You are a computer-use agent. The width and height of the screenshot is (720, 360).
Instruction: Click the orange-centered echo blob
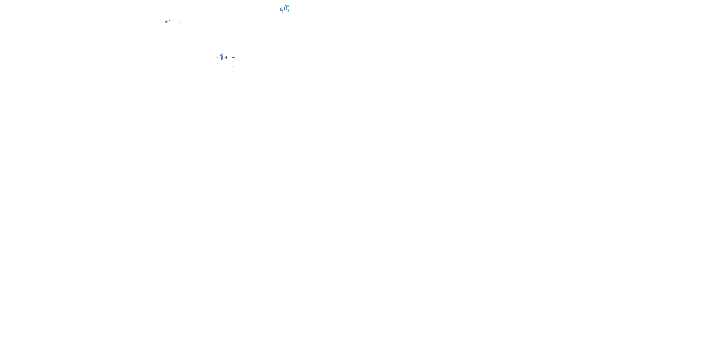[166, 22]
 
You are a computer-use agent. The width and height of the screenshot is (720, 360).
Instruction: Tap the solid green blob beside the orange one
[167, 21]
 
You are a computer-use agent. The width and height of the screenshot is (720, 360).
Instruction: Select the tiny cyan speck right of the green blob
[169, 20]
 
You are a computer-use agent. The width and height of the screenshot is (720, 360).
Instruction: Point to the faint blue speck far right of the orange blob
[180, 23]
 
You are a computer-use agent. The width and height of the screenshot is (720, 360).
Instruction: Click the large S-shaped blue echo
[222, 57]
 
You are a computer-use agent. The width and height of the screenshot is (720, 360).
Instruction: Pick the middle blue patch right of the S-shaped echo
[226, 57]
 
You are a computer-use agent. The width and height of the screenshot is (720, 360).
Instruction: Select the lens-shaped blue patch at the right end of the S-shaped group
[233, 58]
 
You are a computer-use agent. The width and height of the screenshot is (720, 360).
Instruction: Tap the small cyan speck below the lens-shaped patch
[233, 66]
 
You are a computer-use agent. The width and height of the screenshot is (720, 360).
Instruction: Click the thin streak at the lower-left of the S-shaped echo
[219, 58]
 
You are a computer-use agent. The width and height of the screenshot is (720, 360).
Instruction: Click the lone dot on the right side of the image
[583, 158]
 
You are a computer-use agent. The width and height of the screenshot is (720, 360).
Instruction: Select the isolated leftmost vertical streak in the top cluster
[277, 9]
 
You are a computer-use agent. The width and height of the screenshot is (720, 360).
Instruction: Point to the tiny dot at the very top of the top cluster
[282, 5]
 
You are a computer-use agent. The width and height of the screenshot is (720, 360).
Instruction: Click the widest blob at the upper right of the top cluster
[288, 6]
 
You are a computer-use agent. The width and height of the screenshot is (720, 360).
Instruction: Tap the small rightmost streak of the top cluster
[291, 8]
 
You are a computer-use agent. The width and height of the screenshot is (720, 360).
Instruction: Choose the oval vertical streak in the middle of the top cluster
[285, 9]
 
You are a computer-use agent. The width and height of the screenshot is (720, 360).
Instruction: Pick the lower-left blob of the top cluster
[281, 9]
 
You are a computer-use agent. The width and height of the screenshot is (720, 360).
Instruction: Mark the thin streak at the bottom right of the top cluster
[289, 11]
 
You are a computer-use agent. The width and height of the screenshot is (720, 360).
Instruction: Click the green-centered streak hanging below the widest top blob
[287, 9]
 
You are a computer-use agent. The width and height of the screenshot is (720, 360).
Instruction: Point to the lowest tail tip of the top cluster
[282, 12]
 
